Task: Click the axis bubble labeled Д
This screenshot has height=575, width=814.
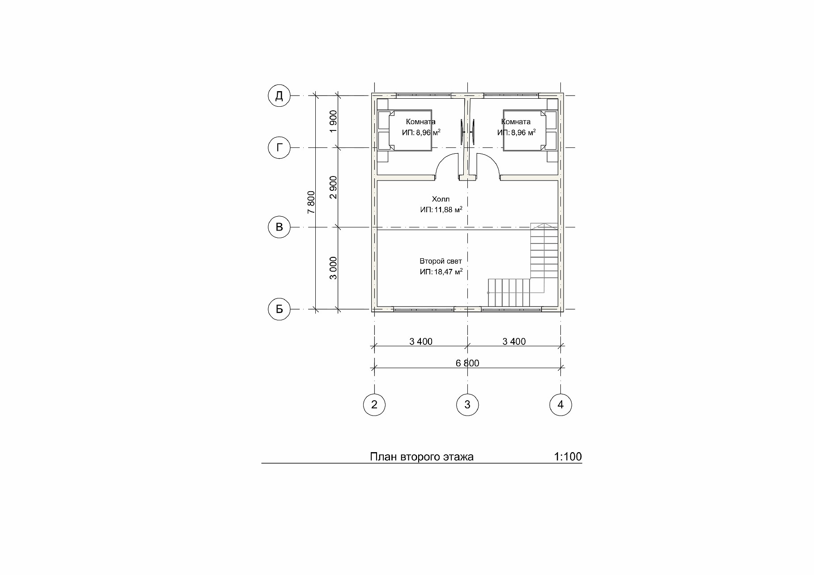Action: coord(279,96)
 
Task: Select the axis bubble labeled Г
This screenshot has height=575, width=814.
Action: coord(279,147)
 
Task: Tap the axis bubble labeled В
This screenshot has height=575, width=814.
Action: coord(279,227)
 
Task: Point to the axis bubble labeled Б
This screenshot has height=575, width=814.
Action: coord(279,309)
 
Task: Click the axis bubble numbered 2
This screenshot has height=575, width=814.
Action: coord(374,405)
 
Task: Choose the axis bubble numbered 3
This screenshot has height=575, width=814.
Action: coord(467,405)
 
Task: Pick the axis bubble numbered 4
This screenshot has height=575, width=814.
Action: coord(560,405)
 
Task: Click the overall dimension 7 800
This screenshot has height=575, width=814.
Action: coord(311,202)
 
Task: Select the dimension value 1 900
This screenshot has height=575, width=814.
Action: coord(333,122)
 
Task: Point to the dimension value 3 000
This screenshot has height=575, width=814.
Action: coord(333,268)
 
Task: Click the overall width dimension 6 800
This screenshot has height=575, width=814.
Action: coord(467,363)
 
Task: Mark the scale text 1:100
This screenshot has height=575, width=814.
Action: coord(568,457)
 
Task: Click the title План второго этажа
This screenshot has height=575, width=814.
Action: coord(422,457)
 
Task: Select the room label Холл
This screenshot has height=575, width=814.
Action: coord(441,199)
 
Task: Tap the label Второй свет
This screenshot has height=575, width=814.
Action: coord(441,261)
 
